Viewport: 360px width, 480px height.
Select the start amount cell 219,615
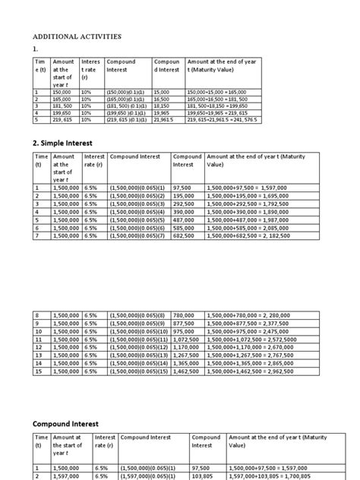(x=63, y=120)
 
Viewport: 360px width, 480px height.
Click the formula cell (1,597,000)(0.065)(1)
(x=151, y=475)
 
